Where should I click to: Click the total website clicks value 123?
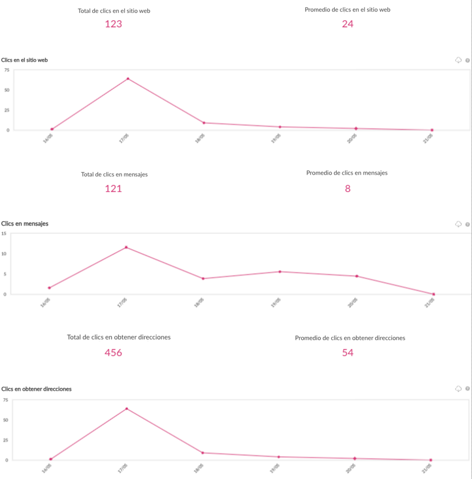114,24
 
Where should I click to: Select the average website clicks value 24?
347,24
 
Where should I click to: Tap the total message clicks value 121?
114,189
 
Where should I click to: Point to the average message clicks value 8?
348,189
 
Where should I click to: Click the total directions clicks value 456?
114,352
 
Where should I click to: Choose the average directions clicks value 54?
348,352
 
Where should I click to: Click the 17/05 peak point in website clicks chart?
128,79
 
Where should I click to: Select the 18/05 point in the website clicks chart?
204,123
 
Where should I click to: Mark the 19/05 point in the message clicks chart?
280,272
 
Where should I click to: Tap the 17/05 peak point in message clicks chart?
126,247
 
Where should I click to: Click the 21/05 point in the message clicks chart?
434,294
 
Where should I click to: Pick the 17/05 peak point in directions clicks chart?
127,409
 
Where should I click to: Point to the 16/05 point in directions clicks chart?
51,459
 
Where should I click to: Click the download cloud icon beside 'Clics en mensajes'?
458,224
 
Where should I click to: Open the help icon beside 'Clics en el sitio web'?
468,61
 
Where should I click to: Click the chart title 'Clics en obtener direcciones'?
36,389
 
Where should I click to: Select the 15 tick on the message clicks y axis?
4,234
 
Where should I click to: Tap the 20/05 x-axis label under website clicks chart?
352,138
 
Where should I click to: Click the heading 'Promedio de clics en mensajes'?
347,173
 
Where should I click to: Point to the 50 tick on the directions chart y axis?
5,420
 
